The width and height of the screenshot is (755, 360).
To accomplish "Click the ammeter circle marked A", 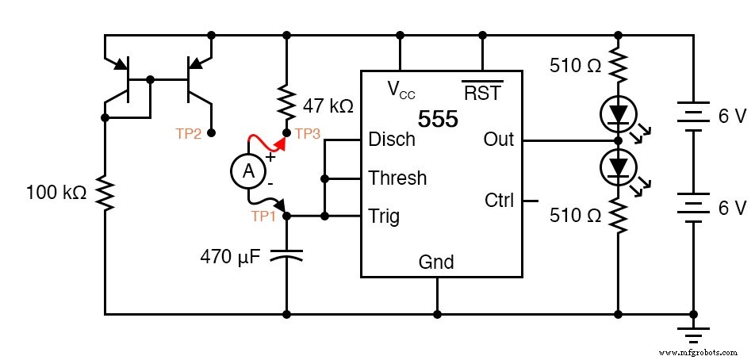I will point(248,170).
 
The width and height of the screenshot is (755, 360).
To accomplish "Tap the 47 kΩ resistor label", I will point(328,105).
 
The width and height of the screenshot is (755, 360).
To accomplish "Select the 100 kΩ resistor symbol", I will point(105,192).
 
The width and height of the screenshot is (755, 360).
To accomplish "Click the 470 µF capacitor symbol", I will point(286,255).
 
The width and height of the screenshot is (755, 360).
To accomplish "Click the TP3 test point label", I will point(308,134).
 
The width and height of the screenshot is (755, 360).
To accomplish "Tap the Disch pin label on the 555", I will point(392,140).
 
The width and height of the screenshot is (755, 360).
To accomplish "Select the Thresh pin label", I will point(397,178).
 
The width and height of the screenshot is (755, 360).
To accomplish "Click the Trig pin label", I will point(385,216).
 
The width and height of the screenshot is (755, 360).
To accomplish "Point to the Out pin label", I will point(498,140).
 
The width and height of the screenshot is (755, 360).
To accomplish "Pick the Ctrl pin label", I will point(500,201).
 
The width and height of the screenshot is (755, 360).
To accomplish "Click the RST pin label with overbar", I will point(482,92).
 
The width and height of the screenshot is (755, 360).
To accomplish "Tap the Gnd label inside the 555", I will point(437,262).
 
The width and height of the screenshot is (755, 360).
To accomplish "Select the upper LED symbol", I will point(618,116).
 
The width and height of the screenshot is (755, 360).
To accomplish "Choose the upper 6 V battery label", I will point(732,117).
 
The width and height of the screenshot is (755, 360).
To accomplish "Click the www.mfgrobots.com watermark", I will point(699,351).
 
